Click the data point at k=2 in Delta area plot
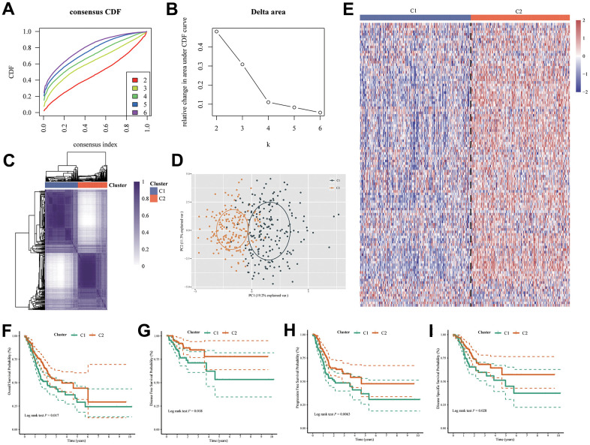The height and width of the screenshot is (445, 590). point(216,32)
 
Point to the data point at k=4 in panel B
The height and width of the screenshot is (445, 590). point(268,101)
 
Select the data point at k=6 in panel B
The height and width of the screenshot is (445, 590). point(320,113)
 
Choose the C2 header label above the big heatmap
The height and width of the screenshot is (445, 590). point(519,11)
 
